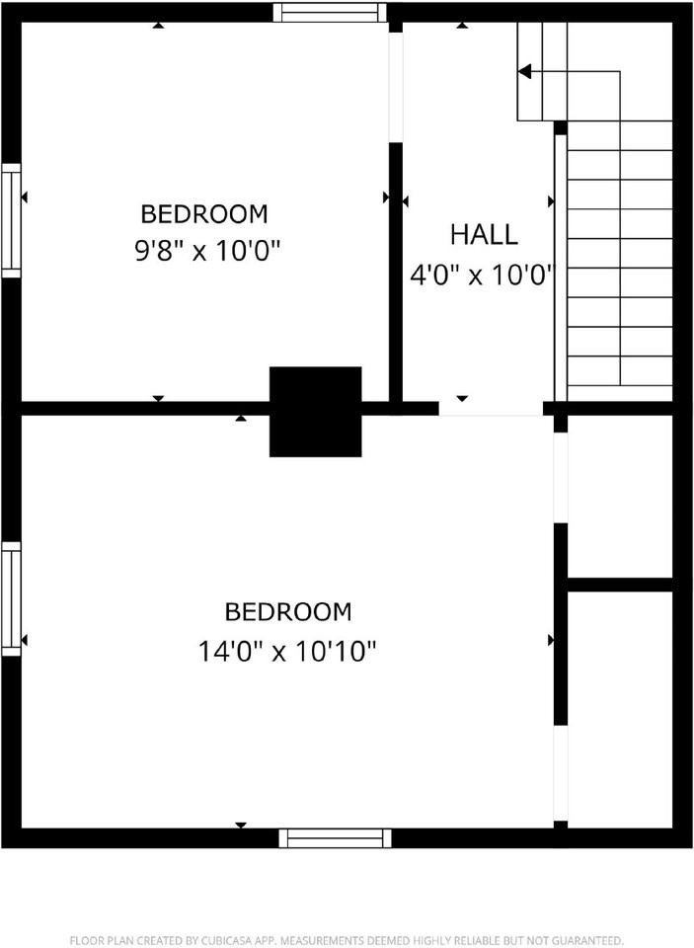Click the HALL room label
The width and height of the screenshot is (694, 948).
point(483,235)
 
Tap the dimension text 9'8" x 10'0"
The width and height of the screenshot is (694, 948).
point(208,251)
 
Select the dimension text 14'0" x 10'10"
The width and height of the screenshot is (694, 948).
point(287,651)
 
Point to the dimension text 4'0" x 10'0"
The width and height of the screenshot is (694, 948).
point(483,275)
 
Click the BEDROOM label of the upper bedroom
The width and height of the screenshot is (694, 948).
point(203,213)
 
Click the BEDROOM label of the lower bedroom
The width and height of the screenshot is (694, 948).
point(287,612)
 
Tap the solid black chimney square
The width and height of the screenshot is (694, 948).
point(315,411)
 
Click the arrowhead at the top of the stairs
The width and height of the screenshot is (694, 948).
point(524,71)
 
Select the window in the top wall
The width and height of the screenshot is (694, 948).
point(329,13)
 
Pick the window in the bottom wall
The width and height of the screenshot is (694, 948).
point(335,837)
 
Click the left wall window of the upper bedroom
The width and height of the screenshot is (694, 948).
point(11,219)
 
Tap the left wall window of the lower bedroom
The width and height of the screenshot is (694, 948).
point(11,597)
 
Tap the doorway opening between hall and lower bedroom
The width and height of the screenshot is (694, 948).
point(491,409)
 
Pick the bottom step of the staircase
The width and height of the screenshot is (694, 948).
point(620,386)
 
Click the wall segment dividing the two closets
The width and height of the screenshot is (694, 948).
point(620,585)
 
